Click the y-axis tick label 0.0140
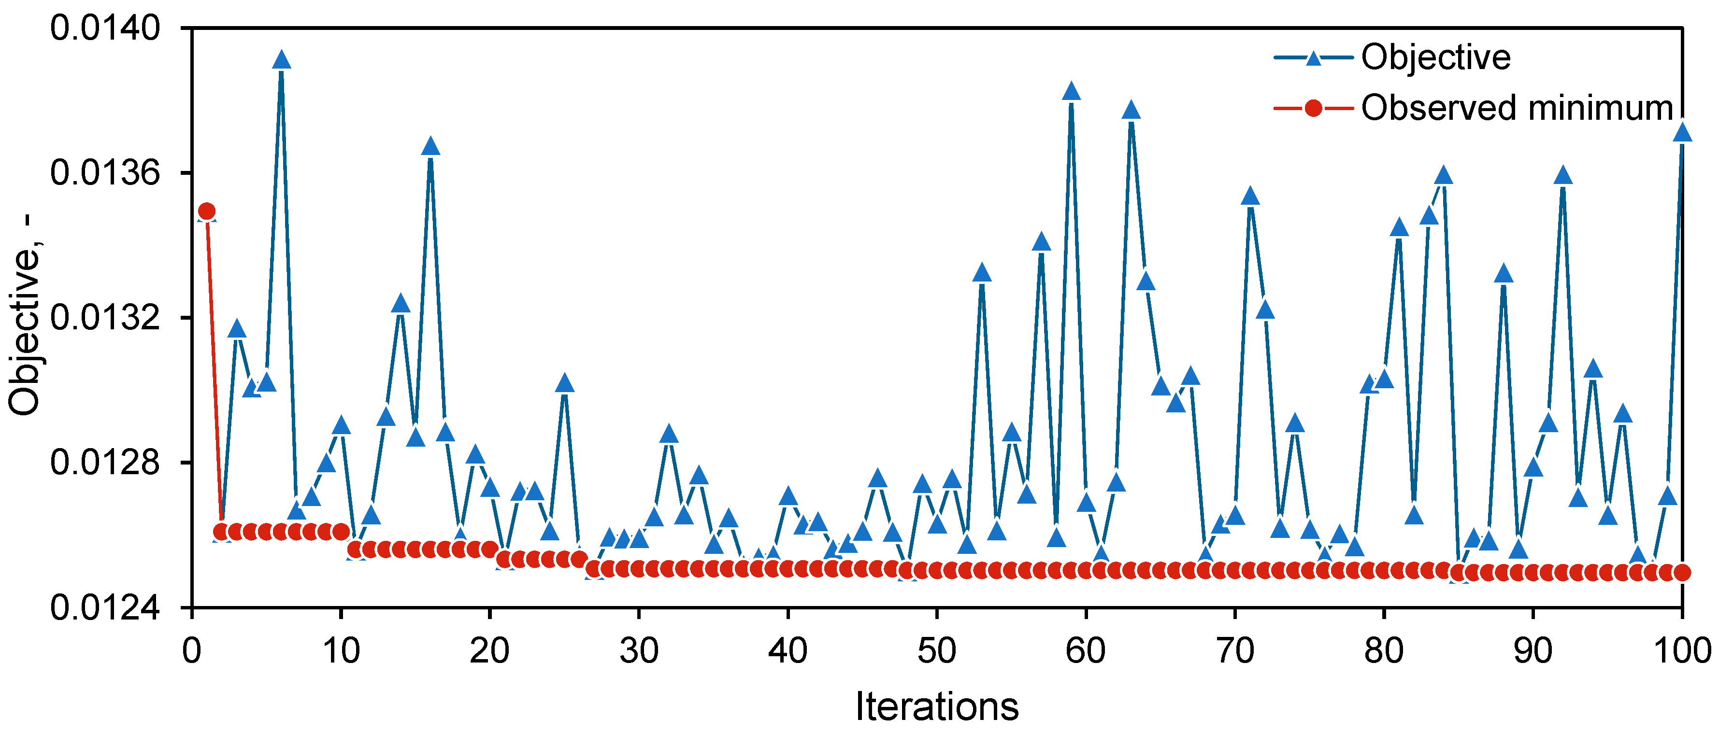(x=105, y=28)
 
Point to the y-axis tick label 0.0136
(x=105, y=173)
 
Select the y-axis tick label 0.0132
(x=105, y=317)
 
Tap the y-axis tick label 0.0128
(x=105, y=462)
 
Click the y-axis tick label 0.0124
(x=105, y=607)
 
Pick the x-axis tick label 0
(x=191, y=650)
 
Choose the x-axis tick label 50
(x=937, y=650)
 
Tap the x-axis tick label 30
(x=639, y=650)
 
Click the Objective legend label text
(x=1435, y=57)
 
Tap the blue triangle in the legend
(x=1313, y=58)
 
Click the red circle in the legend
(x=1313, y=108)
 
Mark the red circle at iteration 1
(x=207, y=211)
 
